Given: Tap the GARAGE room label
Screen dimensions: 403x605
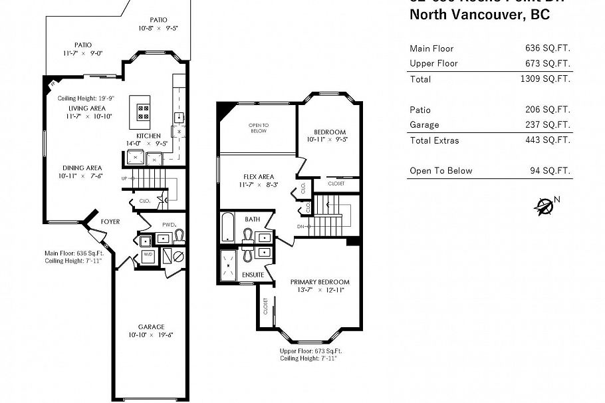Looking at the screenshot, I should (151, 327).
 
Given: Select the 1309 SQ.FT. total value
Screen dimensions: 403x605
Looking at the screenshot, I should (545, 79).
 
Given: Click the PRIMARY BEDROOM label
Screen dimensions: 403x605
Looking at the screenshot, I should (319, 282).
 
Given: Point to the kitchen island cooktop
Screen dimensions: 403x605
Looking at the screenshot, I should (143, 111).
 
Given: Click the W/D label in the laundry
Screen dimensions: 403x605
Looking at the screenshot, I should (148, 255).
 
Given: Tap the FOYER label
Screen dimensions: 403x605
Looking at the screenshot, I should (110, 221).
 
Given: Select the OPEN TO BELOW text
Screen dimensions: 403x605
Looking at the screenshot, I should (259, 128).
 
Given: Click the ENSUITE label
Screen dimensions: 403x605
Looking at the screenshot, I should (253, 275).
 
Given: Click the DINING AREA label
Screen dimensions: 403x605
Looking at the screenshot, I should (82, 168).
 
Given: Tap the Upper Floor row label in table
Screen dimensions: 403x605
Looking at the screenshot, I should (433, 63).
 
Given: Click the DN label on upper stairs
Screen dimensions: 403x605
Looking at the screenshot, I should (301, 226).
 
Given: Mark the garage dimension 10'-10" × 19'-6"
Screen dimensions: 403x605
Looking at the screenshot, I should (151, 336).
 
